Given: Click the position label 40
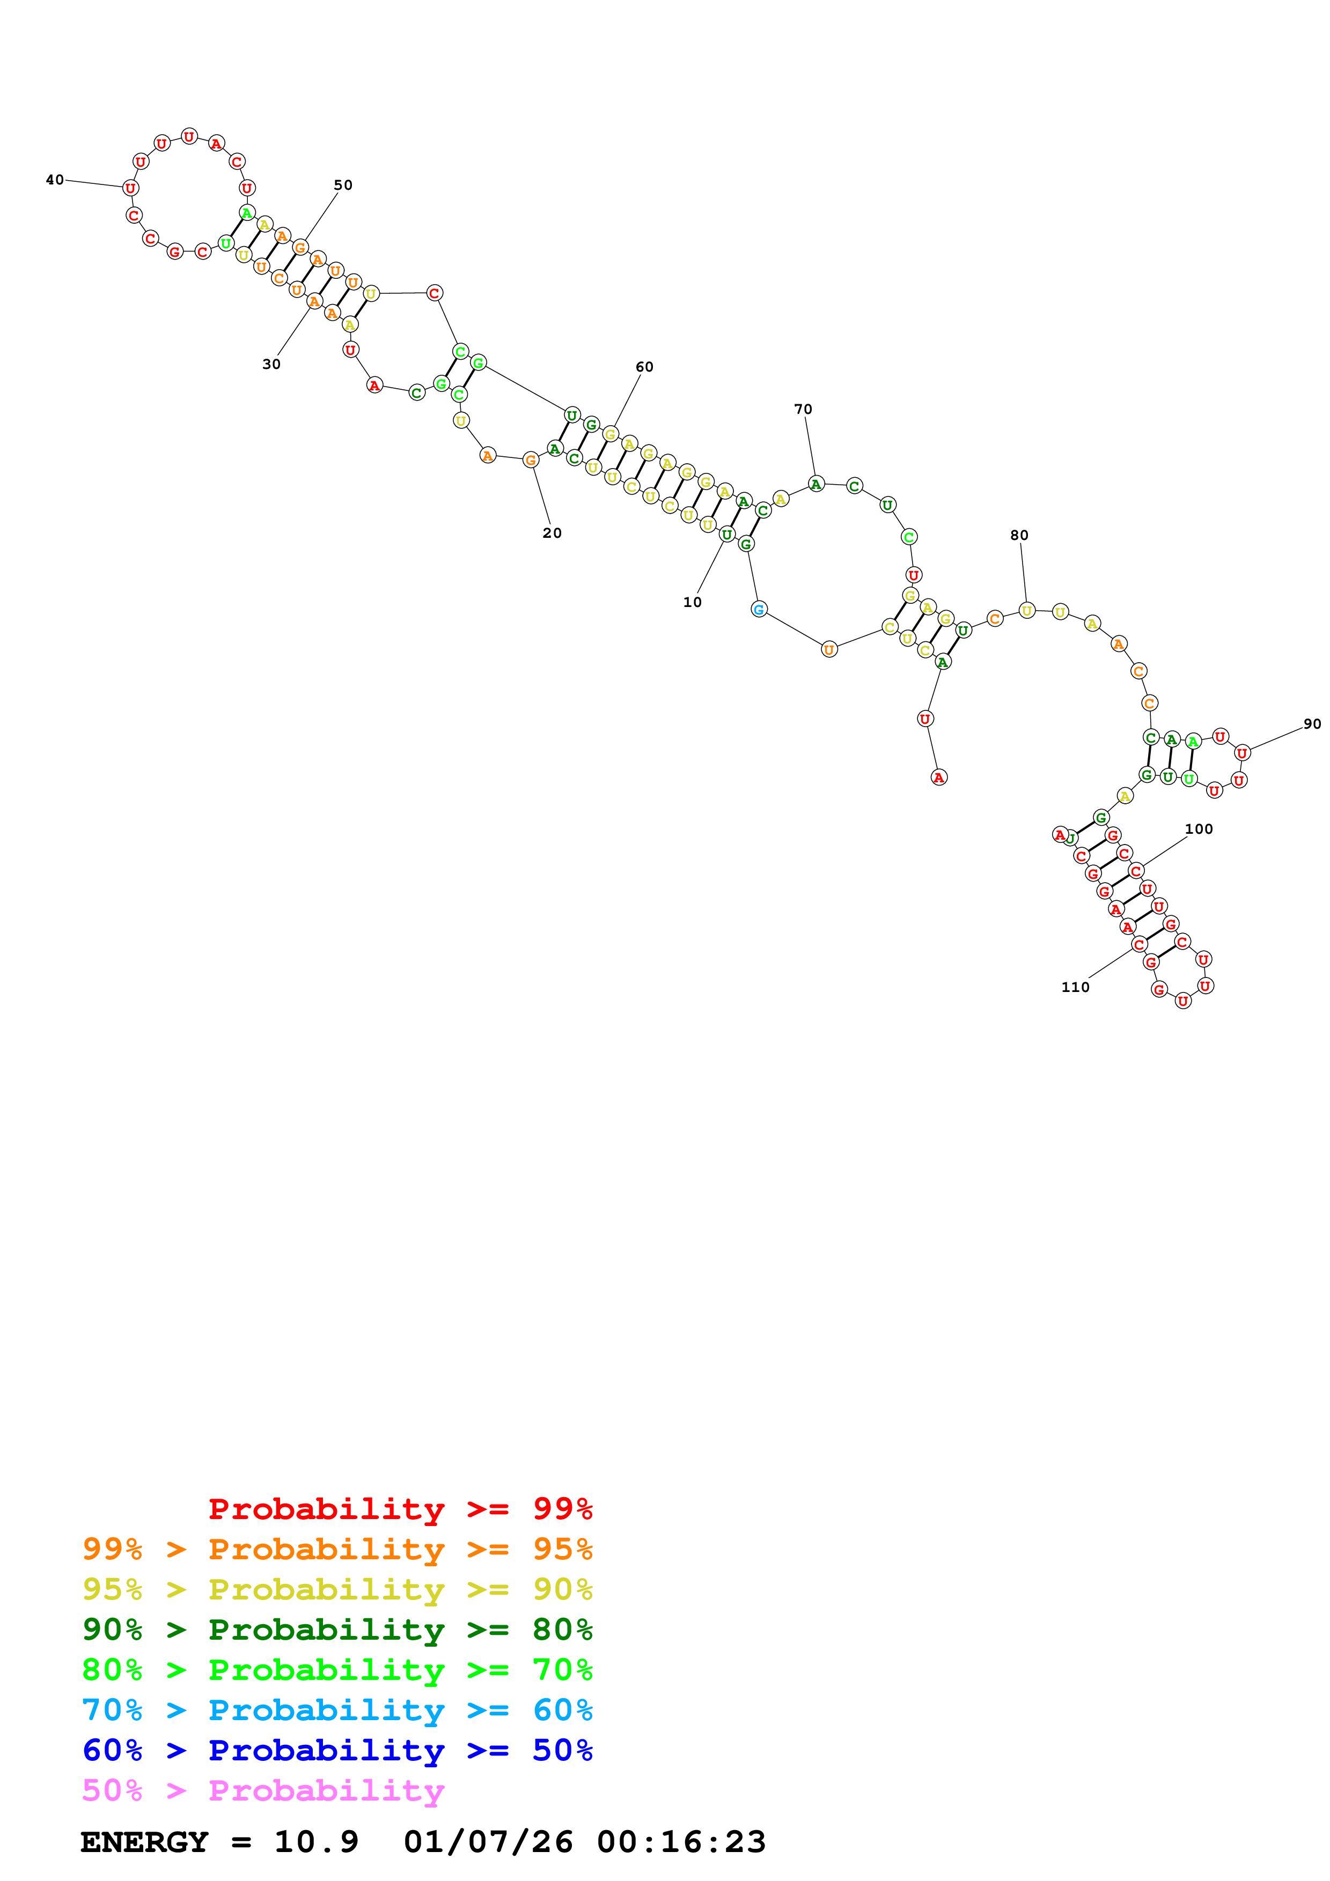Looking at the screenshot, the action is pyautogui.click(x=55, y=180).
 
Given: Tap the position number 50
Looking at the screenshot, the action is pyautogui.click(x=343, y=185).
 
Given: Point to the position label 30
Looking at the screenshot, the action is pyautogui.click(x=271, y=364).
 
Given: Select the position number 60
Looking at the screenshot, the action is pyautogui.click(x=645, y=367).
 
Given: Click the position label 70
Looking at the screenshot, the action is pyautogui.click(x=803, y=409).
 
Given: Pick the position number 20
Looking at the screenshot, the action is pyautogui.click(x=552, y=532).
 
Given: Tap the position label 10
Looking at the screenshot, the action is pyautogui.click(x=693, y=602).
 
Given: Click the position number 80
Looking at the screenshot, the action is pyautogui.click(x=1019, y=535).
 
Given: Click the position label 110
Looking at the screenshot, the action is pyautogui.click(x=1075, y=987).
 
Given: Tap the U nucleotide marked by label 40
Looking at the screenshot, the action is pyautogui.click(x=130, y=188).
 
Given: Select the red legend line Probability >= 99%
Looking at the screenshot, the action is pyautogui.click(x=400, y=1508).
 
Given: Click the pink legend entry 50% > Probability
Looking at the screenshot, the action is pyautogui.click(x=263, y=1790).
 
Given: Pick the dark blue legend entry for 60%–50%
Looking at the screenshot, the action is pyautogui.click(x=337, y=1750).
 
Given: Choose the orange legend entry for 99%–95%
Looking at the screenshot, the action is pyautogui.click(x=337, y=1549).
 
